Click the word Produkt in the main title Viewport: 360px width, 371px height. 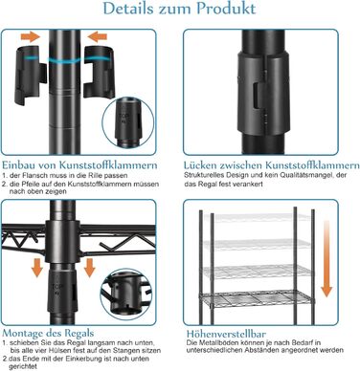[x=226, y=9]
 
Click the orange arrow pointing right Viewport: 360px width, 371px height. [x=31, y=37]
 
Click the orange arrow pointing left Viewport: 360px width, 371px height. [x=97, y=36]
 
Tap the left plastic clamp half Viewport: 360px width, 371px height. [x=31, y=76]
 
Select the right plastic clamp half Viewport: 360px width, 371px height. [x=99, y=72]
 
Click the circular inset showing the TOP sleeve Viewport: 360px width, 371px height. [x=128, y=123]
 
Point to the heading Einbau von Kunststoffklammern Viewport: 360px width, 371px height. [x=79, y=165]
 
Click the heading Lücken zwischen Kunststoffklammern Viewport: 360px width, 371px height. [x=272, y=165]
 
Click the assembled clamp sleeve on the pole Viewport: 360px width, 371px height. [x=263, y=93]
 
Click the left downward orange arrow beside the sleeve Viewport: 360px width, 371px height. [x=37, y=267]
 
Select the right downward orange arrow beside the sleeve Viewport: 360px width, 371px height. [x=89, y=267]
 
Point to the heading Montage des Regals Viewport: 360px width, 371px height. [x=48, y=333]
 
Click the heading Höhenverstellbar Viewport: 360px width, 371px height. [x=226, y=334]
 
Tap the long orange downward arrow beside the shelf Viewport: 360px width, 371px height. [x=326, y=258]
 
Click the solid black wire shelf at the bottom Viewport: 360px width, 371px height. [x=257, y=299]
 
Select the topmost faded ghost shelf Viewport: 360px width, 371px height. [x=257, y=218]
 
